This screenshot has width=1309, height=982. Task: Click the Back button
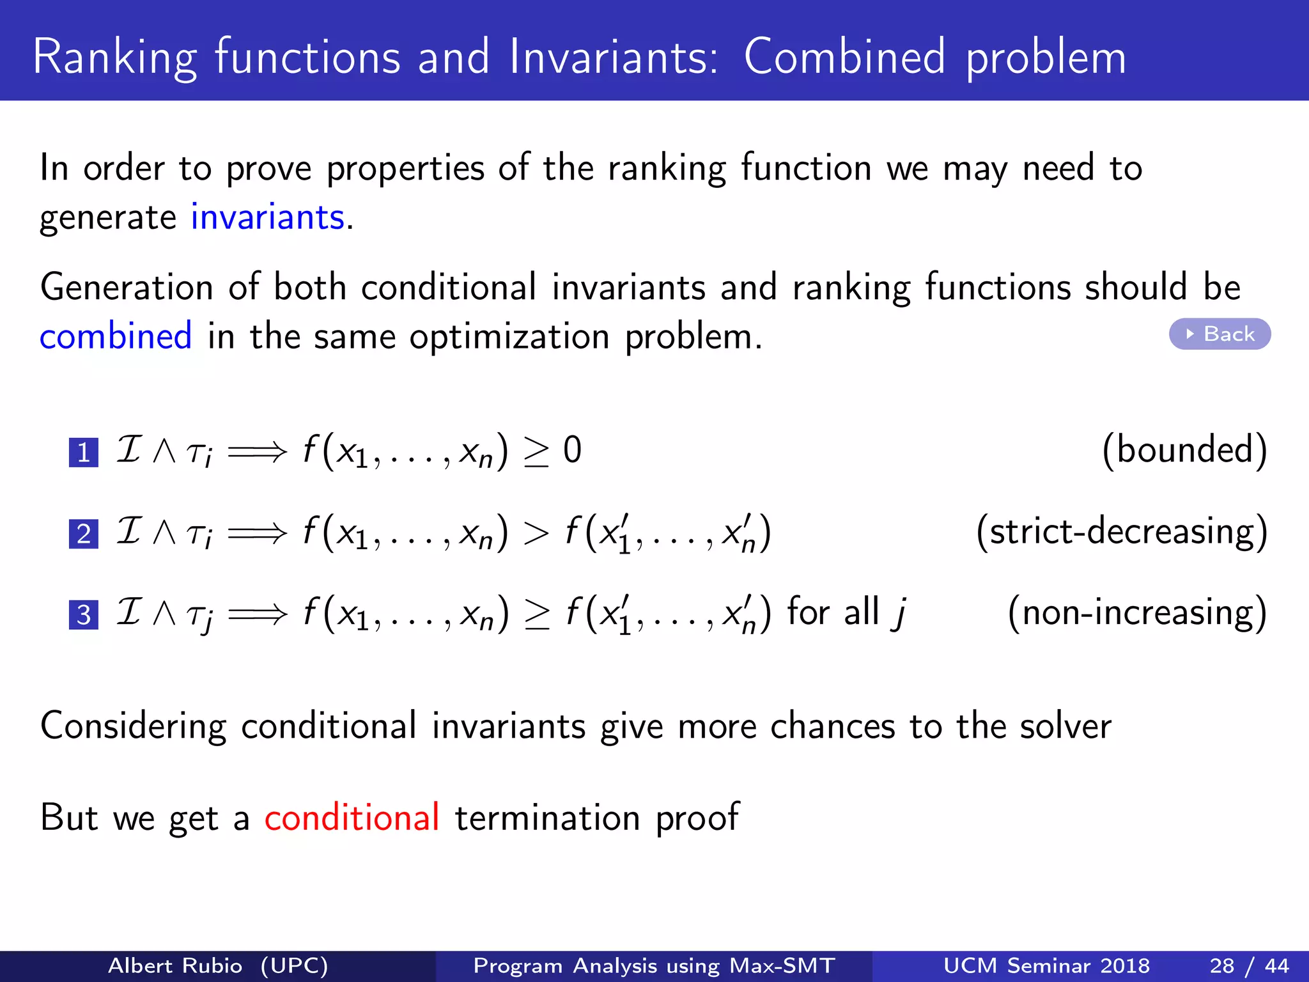click(1220, 334)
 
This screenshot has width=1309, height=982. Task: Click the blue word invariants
click(268, 217)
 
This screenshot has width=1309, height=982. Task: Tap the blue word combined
click(116, 336)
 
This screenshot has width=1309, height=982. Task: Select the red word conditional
click(352, 817)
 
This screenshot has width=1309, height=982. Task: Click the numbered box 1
click(83, 453)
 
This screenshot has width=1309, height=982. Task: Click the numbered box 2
click(83, 534)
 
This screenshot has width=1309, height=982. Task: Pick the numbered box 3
click(83, 615)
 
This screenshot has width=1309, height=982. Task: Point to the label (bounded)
click(1184, 450)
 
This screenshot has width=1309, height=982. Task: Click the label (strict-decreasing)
click(1122, 531)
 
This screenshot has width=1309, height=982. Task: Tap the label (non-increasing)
click(1137, 612)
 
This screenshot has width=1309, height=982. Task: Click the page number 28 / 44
click(1249, 965)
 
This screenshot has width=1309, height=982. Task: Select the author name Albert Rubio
click(175, 965)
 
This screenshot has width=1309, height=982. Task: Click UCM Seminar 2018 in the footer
click(1046, 965)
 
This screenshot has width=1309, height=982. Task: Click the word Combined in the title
click(844, 58)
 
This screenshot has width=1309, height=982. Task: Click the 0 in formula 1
click(572, 450)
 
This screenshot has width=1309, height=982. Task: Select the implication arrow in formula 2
click(257, 533)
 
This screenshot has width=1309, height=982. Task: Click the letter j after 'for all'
click(899, 612)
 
